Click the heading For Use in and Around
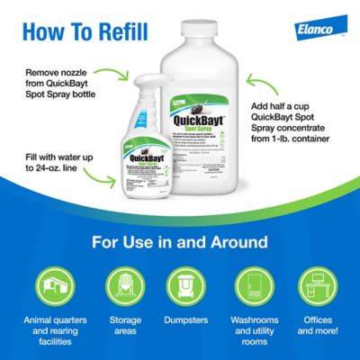click(179, 243)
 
